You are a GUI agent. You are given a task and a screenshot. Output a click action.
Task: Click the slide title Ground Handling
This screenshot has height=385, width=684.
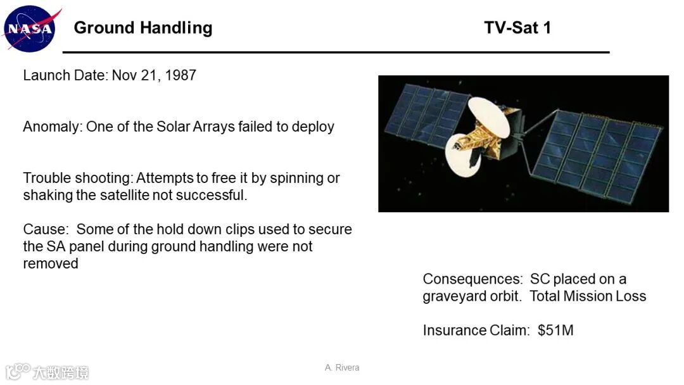pyautogui.click(x=143, y=28)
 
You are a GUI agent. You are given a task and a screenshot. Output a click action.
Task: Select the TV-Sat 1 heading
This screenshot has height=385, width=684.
pyautogui.click(x=517, y=28)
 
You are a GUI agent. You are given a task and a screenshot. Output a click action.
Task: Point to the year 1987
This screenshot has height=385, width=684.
pyautogui.click(x=180, y=75)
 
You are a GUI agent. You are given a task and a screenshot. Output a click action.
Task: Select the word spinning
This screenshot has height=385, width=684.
pyautogui.click(x=298, y=179)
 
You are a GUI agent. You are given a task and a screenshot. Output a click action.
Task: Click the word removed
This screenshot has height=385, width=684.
pyautogui.click(x=51, y=264)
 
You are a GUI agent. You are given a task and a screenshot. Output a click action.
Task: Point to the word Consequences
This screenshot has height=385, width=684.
pyautogui.click(x=472, y=279)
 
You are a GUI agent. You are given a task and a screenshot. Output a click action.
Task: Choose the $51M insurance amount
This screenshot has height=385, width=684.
pyautogui.click(x=555, y=331)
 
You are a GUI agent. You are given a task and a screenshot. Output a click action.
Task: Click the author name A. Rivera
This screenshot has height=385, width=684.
pyautogui.click(x=342, y=367)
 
